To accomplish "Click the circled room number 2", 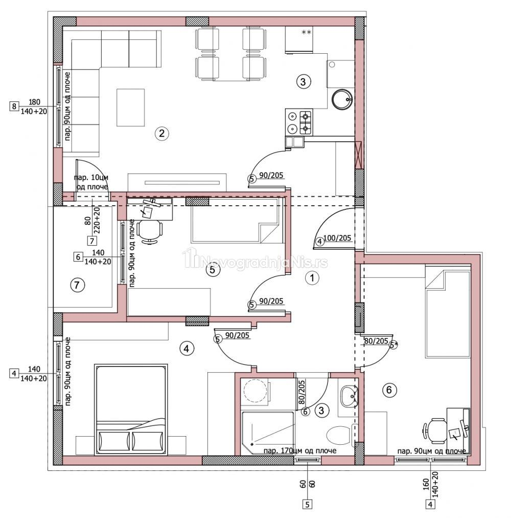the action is point(161,134).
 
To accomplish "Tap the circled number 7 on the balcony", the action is point(77,285).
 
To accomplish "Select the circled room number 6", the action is point(389,390).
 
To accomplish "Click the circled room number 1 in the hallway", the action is point(312,278).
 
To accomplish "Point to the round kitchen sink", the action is point(342,99).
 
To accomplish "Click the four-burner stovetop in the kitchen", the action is point(299,122).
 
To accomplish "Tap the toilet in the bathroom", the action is point(338,435).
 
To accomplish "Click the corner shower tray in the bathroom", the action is point(268,433).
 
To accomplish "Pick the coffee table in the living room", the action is point(131,107).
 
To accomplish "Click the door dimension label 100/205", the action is point(337,238).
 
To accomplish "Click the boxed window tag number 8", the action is point(13,106).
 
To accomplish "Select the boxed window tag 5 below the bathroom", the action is point(308,505).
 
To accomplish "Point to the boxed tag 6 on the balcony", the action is point(78,256).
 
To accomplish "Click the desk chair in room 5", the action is point(150,231).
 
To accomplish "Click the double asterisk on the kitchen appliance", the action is point(307,32).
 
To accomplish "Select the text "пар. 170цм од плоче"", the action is point(300,450).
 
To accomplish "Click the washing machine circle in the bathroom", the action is point(255,391).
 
